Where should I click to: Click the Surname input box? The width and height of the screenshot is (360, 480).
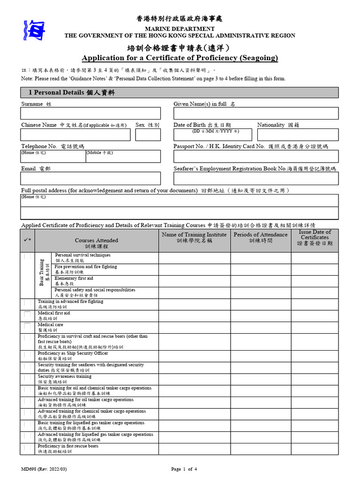[x=90, y=113]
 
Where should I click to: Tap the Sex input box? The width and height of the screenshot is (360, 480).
[x=148, y=135]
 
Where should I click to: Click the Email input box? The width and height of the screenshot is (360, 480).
[x=90, y=178]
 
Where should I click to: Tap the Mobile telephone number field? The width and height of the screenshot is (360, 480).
[x=123, y=158]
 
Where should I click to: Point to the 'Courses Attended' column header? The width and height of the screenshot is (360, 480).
[x=97, y=243]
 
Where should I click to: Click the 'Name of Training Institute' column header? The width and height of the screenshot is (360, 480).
[x=195, y=238]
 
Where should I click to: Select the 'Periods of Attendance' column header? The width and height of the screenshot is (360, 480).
[x=261, y=238]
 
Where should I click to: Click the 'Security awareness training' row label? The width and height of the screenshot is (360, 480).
[x=65, y=376]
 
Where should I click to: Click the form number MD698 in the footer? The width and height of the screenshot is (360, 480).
[x=47, y=469]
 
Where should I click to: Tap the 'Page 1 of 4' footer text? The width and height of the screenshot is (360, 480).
[x=184, y=469]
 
